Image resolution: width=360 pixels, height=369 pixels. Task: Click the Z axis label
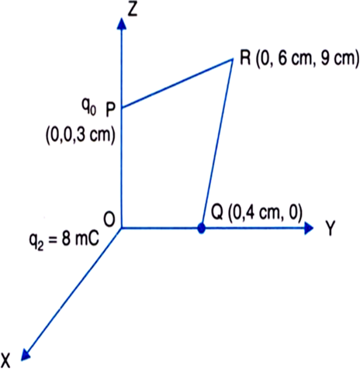132,10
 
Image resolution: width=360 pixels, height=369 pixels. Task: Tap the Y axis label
330,229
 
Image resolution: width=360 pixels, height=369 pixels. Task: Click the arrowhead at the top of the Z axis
121,23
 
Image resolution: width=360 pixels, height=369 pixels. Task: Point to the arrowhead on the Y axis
309,228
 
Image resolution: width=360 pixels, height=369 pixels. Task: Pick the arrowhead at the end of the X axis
25,353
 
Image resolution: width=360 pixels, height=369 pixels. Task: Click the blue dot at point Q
201,229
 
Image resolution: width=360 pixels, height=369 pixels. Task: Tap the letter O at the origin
109,220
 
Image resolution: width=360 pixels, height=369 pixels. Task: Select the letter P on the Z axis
110,111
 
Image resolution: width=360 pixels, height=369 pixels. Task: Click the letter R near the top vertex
245,58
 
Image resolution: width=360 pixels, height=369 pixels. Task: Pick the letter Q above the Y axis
217,213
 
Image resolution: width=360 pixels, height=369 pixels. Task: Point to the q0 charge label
88,107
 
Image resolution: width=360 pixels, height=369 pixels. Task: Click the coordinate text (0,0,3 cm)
80,136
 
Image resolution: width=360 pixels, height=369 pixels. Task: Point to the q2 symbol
36,242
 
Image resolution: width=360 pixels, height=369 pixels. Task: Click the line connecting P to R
177,84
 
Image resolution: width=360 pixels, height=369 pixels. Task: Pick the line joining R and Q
217,143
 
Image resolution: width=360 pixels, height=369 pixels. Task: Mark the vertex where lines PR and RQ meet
232,60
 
